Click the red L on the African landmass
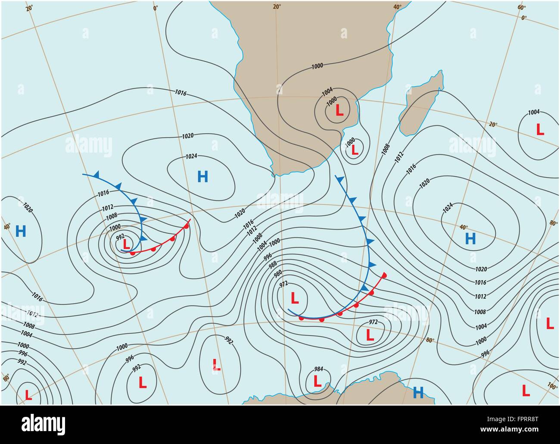pos(339,111)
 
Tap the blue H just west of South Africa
pos(202,176)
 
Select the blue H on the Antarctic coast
pos(418,392)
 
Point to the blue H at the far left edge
pos(20,231)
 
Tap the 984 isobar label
pos(318,369)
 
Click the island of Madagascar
pos(422,103)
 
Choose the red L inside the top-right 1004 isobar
pos(539,129)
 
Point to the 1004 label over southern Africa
pos(327,91)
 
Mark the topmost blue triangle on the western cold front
pos(97,174)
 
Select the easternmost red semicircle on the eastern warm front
pos(384,275)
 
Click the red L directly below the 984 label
pos(317,381)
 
